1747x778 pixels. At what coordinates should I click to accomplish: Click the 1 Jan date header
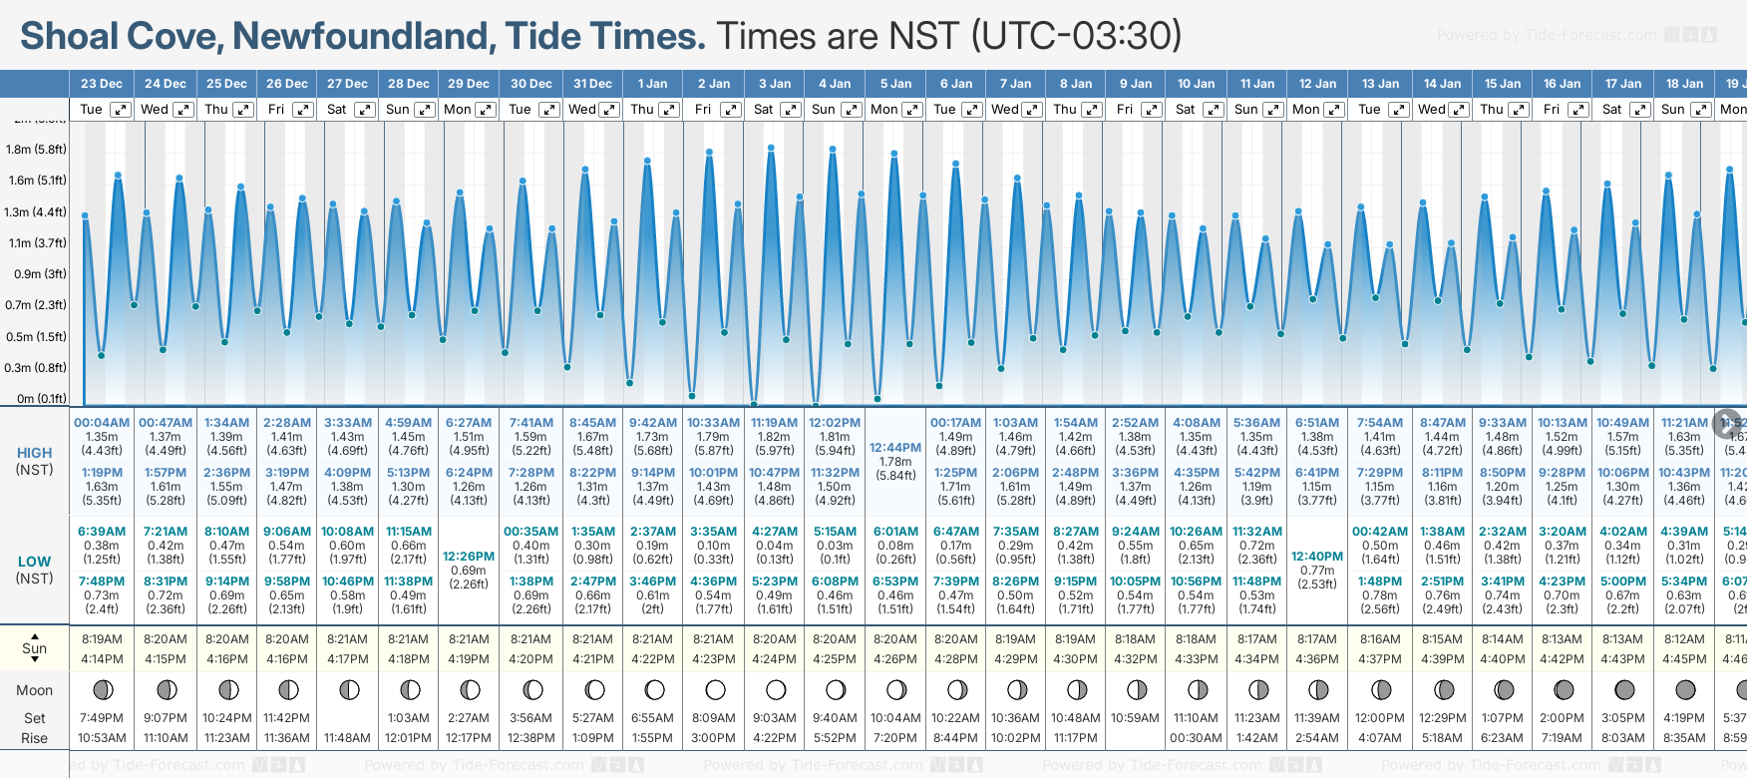(x=653, y=84)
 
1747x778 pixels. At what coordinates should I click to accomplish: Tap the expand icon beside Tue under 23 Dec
(x=120, y=110)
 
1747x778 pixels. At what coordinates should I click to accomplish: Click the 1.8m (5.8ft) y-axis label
(x=36, y=150)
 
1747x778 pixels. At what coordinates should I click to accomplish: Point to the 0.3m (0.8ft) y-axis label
(x=36, y=368)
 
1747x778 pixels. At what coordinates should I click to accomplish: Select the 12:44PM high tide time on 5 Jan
(x=895, y=448)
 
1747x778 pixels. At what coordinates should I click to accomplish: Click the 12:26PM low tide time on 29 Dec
(x=469, y=557)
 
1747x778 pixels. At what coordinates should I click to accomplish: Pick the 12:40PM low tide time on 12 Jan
(x=1317, y=557)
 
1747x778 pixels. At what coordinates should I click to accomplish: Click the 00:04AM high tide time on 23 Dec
(x=102, y=423)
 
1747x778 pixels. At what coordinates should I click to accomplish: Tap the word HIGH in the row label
(x=35, y=453)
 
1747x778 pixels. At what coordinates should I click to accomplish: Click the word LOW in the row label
(x=35, y=562)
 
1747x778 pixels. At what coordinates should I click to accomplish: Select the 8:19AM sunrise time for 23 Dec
(x=102, y=639)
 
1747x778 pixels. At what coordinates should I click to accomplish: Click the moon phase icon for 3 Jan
(x=775, y=689)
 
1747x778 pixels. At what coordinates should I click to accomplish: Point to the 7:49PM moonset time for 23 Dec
(x=102, y=718)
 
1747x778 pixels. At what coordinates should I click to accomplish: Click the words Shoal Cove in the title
(x=120, y=36)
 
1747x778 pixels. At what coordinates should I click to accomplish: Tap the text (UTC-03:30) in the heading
(x=1077, y=36)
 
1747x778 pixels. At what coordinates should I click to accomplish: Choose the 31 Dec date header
(x=593, y=84)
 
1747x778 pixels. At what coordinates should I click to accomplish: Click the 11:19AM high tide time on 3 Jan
(x=775, y=423)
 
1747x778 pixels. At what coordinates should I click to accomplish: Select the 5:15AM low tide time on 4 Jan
(x=835, y=532)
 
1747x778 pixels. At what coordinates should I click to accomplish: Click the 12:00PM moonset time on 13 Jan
(x=1380, y=718)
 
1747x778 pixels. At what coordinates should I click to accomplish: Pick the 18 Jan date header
(x=1685, y=84)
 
